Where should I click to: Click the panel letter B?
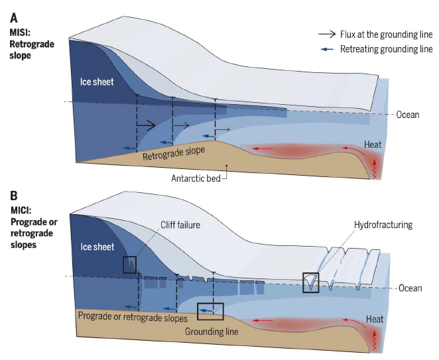(x=13, y=196)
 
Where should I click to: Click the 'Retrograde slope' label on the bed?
(x=174, y=153)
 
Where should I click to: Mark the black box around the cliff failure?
(x=130, y=265)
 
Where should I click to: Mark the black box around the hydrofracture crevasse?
(x=310, y=282)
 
